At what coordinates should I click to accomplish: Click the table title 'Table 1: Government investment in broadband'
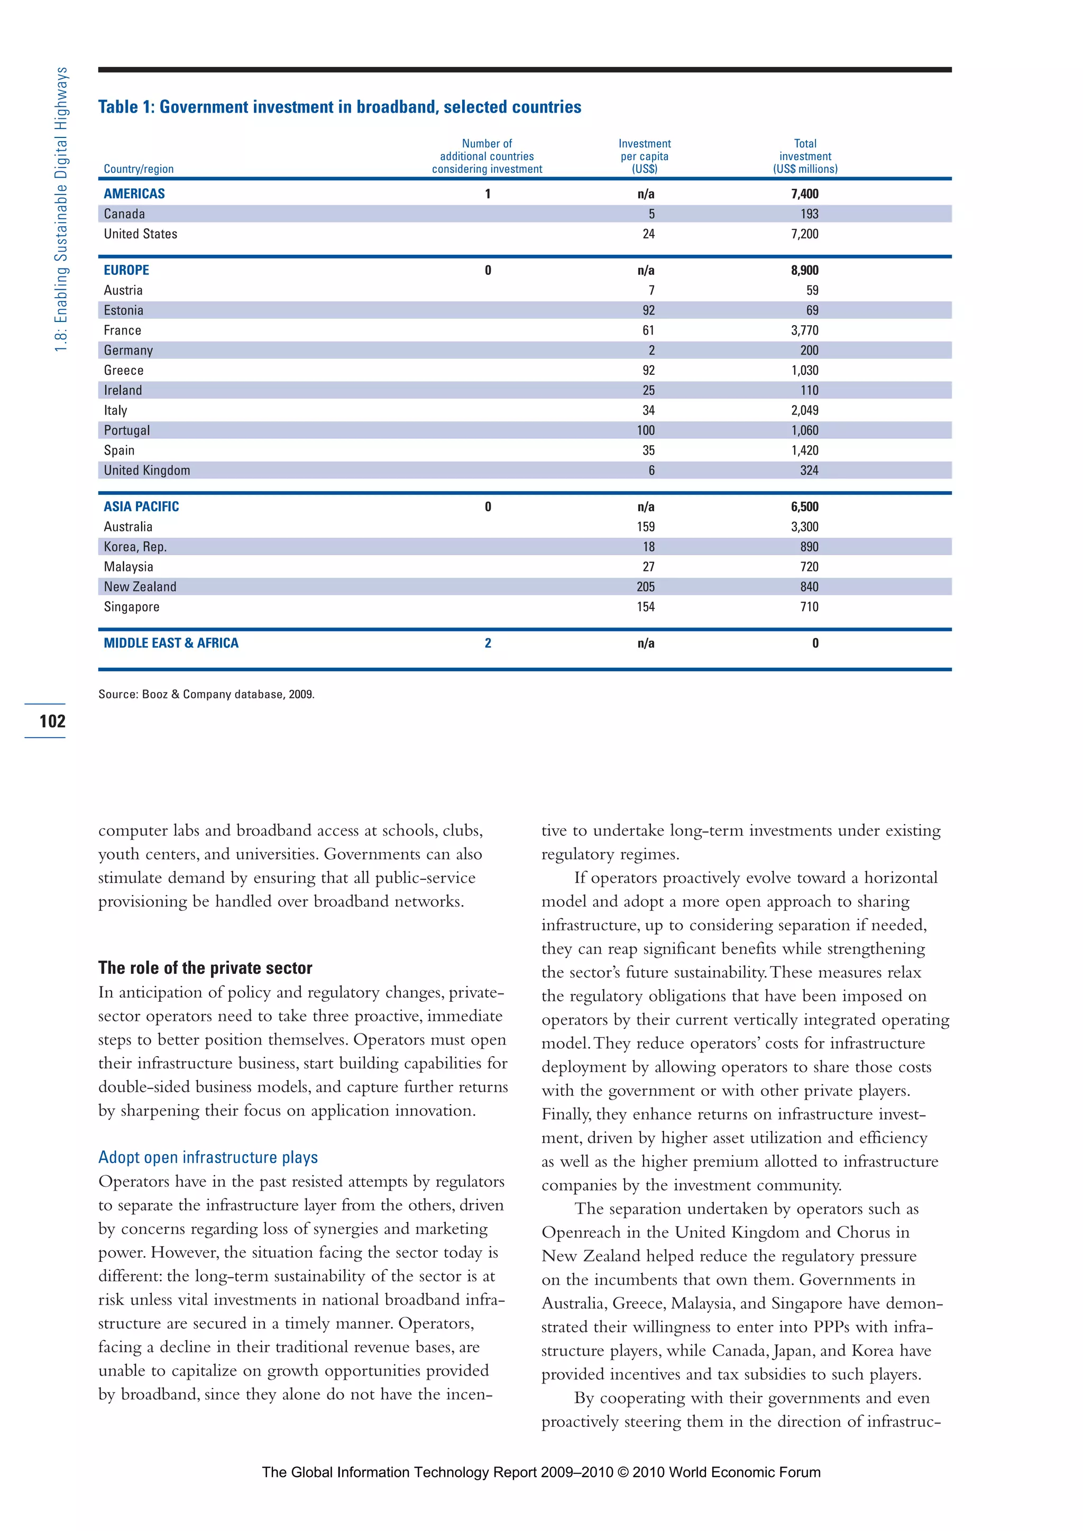pos(339,107)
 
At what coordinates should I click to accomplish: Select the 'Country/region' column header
pos(139,169)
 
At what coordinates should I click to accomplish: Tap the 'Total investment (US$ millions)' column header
pos(805,156)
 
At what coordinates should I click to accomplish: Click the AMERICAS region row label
pos(134,194)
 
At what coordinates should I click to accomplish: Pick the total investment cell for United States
pos(804,234)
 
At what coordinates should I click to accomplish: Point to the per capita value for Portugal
pos(646,431)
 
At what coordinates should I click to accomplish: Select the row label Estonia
pos(123,311)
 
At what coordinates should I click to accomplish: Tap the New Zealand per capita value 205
pos(646,587)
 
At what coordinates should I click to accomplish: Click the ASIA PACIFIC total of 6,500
pos(804,507)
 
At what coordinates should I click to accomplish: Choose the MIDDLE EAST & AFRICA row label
pos(171,643)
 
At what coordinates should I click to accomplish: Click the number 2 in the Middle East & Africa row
pos(488,643)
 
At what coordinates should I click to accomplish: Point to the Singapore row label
pos(131,607)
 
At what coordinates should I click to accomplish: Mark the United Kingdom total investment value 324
pos(809,471)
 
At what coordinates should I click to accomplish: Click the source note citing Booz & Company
pos(206,694)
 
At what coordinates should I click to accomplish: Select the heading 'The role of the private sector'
pos(205,967)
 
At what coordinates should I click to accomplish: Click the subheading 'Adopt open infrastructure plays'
pos(207,1157)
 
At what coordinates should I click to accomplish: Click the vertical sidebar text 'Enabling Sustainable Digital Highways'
pos(61,210)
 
